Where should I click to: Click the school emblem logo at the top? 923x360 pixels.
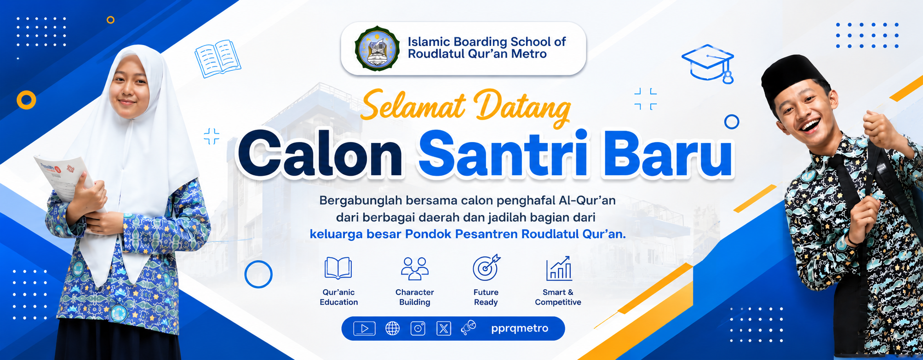pos(377,49)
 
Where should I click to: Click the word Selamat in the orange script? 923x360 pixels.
pos(414,105)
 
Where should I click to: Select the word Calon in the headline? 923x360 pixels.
pos(320,154)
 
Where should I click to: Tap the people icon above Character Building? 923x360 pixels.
pos(414,269)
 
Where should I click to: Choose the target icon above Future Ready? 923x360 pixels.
pos(486,268)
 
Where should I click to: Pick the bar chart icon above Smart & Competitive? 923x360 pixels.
pos(559,269)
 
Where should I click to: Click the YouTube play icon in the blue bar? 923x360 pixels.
pos(364,328)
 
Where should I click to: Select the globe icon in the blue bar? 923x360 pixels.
pos(392,328)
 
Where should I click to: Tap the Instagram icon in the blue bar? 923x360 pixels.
pos(418,328)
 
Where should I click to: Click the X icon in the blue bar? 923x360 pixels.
pos(443,328)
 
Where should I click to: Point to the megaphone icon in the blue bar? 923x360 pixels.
pos(469,328)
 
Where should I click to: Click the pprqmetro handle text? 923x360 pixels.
pos(520,329)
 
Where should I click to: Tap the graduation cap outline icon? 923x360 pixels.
pos(708,63)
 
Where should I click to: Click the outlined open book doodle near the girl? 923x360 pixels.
pos(218,58)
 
